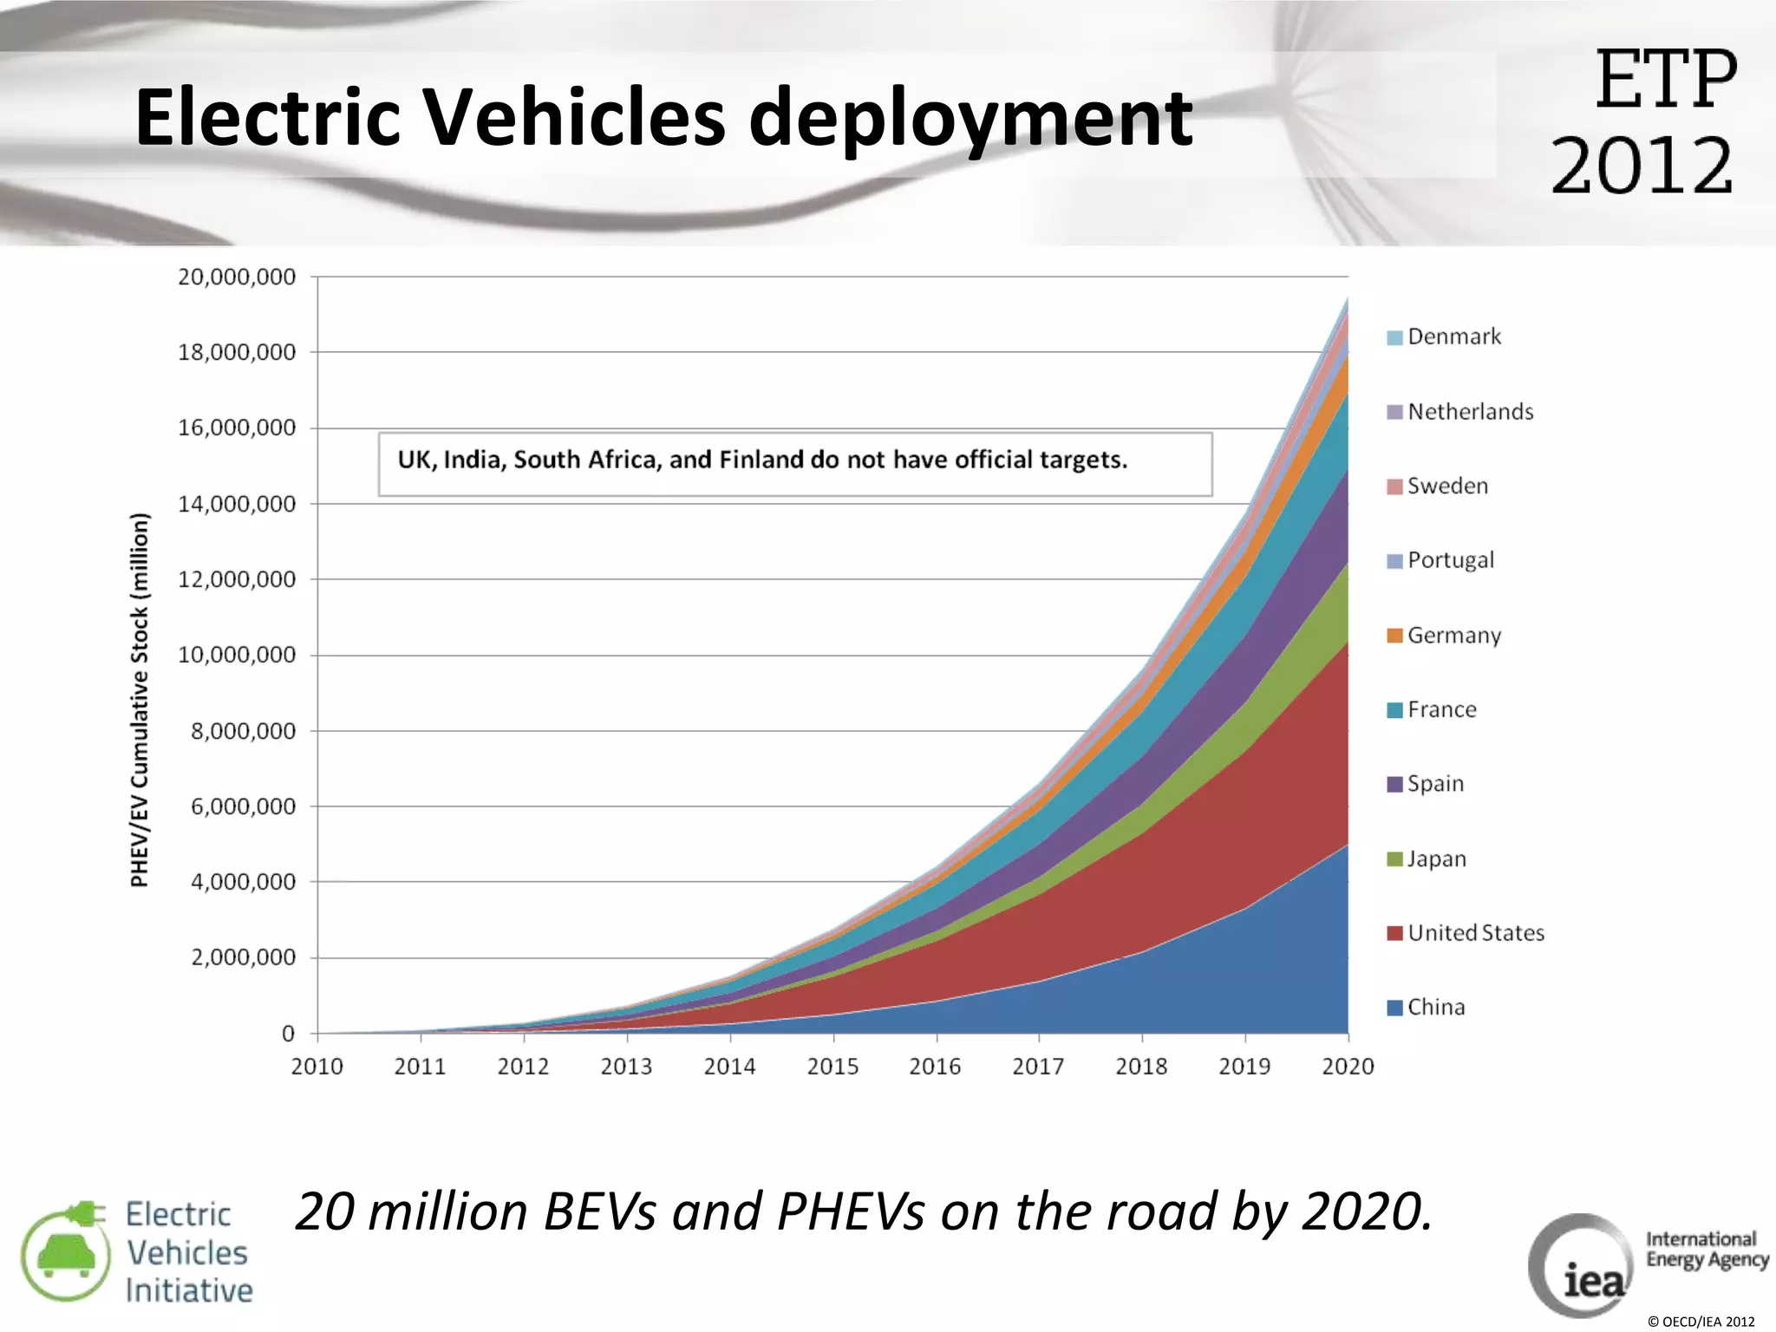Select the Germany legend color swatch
coord(1394,636)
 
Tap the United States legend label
coord(1476,933)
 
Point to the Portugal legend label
coord(1451,560)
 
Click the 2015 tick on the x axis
coord(832,1066)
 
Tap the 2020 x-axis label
coord(1348,1066)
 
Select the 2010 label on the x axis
coord(317,1066)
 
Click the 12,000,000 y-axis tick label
coord(237,579)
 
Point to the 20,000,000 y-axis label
coord(237,277)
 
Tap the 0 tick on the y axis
coord(288,1034)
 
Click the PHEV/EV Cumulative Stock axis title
coord(140,700)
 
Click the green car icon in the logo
coord(66,1255)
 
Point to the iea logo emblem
coord(1581,1266)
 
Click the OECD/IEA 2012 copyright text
coord(1701,1322)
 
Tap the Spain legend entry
coord(1434,784)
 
